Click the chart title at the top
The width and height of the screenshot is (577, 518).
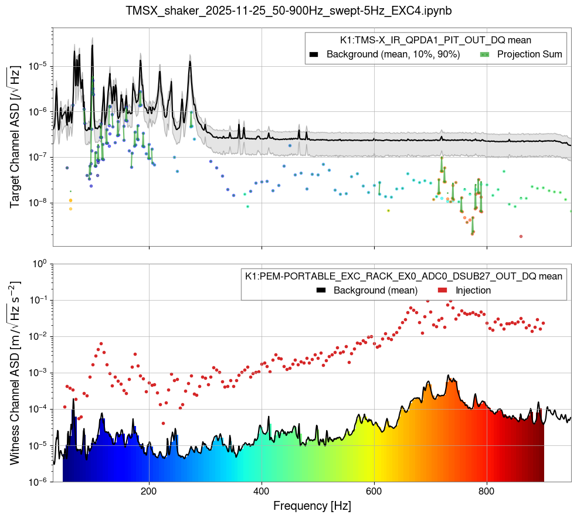(x=288, y=11)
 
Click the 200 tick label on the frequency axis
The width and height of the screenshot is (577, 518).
(x=149, y=491)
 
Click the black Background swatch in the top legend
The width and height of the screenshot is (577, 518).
(x=314, y=54)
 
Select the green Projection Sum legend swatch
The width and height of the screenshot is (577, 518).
(x=484, y=54)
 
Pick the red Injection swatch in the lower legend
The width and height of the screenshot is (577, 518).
(x=444, y=290)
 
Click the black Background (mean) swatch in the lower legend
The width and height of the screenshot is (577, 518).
(x=321, y=290)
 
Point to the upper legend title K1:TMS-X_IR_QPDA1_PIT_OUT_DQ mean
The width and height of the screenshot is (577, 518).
(x=436, y=40)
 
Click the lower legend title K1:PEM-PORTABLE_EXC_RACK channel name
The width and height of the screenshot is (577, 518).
(x=403, y=276)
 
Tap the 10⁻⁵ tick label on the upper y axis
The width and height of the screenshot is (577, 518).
(x=37, y=66)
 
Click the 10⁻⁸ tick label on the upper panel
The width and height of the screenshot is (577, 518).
(x=37, y=203)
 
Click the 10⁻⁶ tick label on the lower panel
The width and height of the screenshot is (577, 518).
(x=37, y=482)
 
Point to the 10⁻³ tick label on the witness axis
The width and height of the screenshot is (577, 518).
(x=37, y=373)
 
